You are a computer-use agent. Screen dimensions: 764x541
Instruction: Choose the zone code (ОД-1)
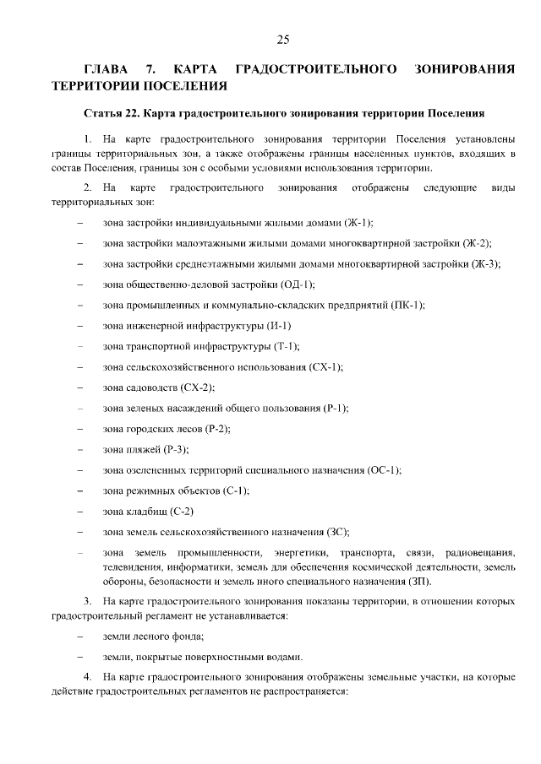[298, 284]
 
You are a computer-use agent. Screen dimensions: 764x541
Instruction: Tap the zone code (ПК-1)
[408, 305]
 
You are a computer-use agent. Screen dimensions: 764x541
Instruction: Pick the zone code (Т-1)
[285, 346]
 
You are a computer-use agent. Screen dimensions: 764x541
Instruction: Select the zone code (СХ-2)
[196, 387]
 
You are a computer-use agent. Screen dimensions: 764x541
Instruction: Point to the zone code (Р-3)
[175, 449]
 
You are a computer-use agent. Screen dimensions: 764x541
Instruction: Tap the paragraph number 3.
[87, 601]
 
